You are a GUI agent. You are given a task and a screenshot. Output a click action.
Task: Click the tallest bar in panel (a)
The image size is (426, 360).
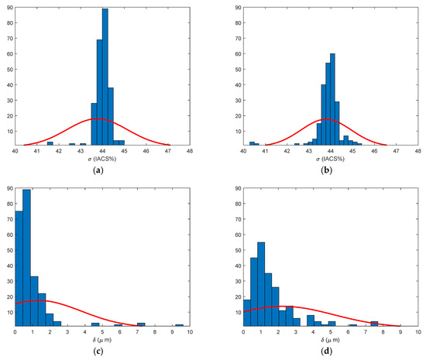click(x=105, y=77)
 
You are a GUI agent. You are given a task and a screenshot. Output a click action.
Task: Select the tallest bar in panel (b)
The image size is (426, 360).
click(x=332, y=99)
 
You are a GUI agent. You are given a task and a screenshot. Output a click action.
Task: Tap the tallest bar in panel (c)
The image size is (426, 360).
click(x=26, y=258)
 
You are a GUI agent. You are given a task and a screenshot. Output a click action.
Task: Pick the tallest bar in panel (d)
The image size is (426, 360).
click(x=261, y=284)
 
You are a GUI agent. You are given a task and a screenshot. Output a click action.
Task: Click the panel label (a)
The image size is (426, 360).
click(x=98, y=170)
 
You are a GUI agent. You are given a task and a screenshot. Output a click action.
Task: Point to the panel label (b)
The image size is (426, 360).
click(x=326, y=170)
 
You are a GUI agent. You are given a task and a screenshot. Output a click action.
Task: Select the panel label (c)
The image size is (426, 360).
click(x=98, y=351)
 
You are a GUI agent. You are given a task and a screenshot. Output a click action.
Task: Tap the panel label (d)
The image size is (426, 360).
click(x=326, y=351)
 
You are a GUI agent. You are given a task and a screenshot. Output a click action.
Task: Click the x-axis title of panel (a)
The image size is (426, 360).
click(x=102, y=159)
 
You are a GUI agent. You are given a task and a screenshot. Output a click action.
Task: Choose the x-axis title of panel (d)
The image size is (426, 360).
click(x=330, y=340)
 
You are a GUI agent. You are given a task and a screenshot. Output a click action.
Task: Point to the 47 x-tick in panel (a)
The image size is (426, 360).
click(x=168, y=151)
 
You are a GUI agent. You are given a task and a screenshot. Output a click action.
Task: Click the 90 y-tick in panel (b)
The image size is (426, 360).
click(x=238, y=8)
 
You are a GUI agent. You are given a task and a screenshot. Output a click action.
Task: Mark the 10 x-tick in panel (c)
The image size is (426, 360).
click(x=190, y=332)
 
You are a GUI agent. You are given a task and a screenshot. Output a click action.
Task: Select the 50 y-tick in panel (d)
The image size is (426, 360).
click(x=238, y=250)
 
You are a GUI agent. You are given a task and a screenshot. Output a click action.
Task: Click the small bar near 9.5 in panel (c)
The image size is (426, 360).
click(x=180, y=325)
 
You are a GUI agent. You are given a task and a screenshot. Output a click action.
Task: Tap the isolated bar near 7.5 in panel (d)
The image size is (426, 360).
click(x=374, y=324)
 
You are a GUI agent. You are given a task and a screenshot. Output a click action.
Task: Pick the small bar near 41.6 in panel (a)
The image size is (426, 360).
click(x=50, y=143)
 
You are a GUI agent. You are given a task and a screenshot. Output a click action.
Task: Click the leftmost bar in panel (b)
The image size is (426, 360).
click(x=252, y=143)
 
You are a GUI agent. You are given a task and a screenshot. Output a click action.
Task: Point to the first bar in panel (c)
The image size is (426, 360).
click(x=19, y=269)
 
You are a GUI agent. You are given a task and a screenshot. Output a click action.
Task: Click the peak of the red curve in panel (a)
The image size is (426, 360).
click(x=97, y=118)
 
